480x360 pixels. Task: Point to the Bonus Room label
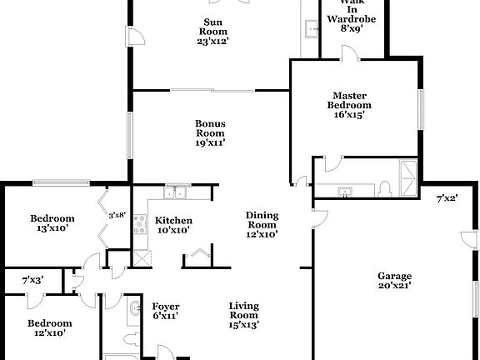click(x=210, y=132)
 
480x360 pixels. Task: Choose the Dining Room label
click(x=262, y=225)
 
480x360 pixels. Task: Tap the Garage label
click(x=396, y=281)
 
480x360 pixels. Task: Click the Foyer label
click(x=166, y=312)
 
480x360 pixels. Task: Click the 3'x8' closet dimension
click(x=117, y=215)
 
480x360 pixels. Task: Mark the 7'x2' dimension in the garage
click(x=447, y=198)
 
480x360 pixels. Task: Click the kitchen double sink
click(x=175, y=194)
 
